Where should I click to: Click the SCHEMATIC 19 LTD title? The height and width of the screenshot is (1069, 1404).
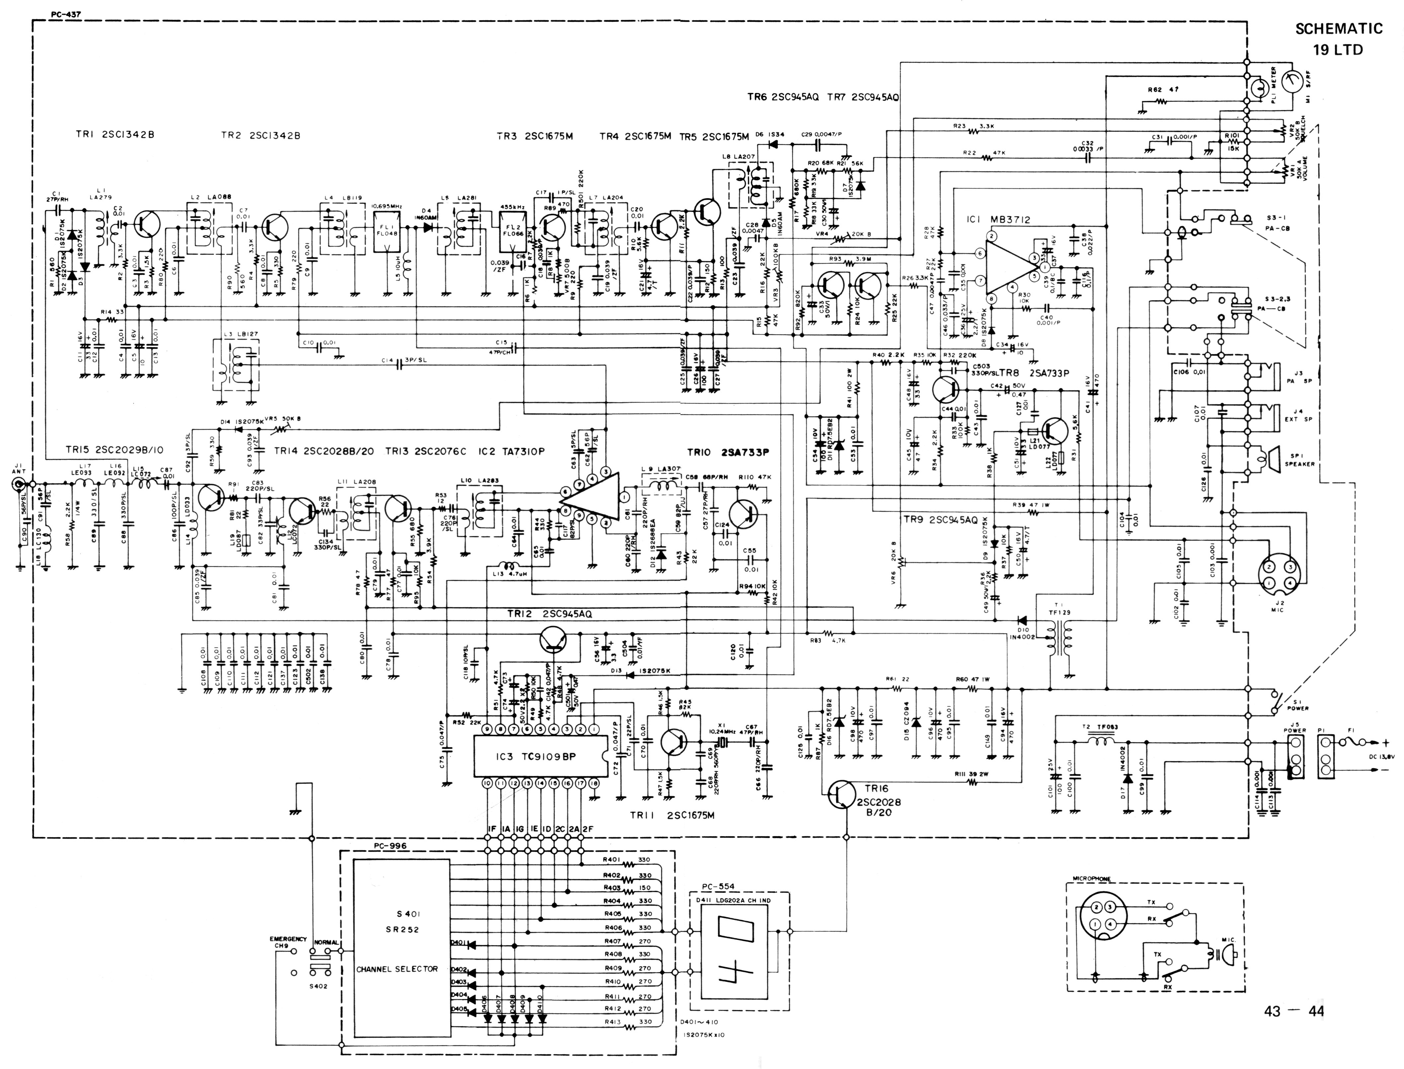coord(1338,38)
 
